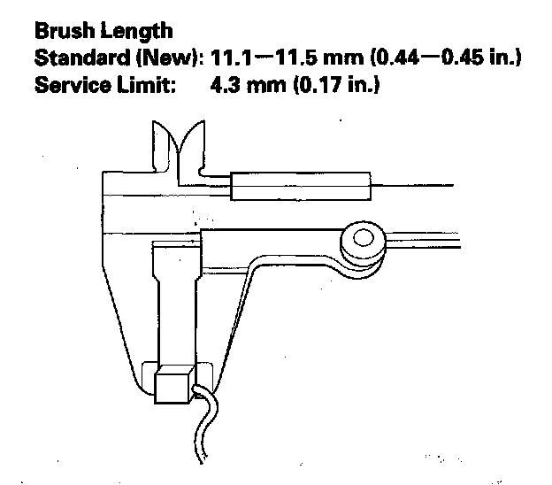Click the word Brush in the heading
coord(64,31)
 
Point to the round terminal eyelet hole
coord(361,239)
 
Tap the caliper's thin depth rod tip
coord(442,186)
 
